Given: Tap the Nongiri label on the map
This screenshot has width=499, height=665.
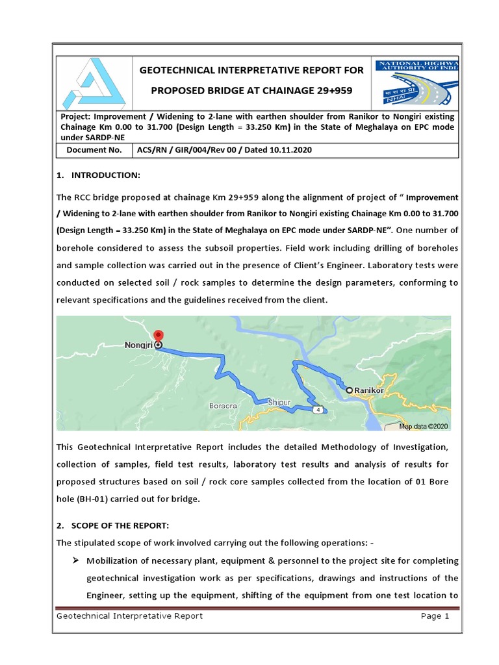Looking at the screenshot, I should (x=138, y=345).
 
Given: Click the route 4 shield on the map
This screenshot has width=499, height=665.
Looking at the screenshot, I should (x=318, y=410).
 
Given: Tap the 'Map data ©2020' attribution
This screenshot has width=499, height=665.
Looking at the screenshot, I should (x=423, y=426).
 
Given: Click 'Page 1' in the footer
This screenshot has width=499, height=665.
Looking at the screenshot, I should (x=435, y=616).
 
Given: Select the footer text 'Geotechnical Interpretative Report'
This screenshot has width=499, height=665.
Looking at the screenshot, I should (x=129, y=616).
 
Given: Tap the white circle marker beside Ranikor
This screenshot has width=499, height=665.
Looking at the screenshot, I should (x=350, y=390).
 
